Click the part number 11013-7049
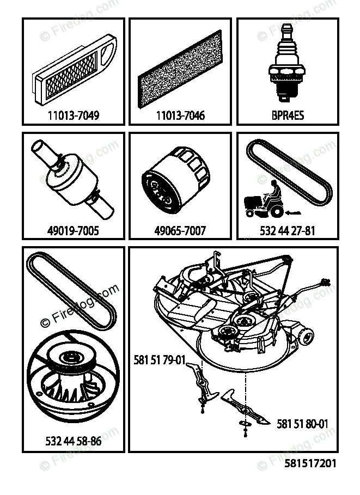(x=74, y=115)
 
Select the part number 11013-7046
(x=180, y=115)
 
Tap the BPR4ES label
(x=288, y=115)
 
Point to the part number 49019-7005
(x=73, y=230)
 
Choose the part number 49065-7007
(x=180, y=230)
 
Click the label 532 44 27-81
(x=288, y=231)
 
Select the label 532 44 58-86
(x=74, y=441)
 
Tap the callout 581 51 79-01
(x=159, y=360)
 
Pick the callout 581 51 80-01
(x=302, y=424)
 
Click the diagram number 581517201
(x=310, y=463)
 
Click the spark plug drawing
(x=287, y=63)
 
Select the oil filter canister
(x=175, y=180)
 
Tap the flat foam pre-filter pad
(x=180, y=69)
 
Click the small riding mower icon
(x=264, y=199)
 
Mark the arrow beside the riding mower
(x=293, y=213)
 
